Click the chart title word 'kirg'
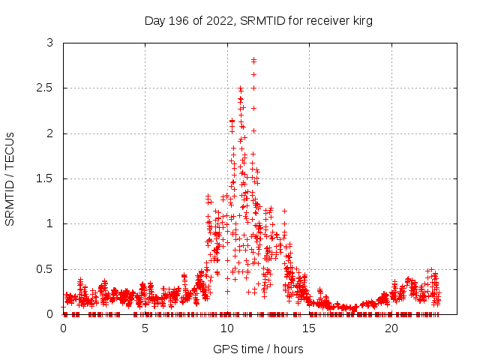click(361, 21)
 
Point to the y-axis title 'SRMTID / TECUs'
click(10, 178)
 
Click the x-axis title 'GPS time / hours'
click(258, 349)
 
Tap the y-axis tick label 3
click(49, 43)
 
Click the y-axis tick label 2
click(49, 133)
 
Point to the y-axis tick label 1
click(49, 223)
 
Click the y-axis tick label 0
click(49, 313)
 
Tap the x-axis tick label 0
click(63, 328)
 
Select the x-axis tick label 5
click(145, 328)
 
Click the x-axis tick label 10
click(227, 328)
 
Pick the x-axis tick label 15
click(309, 328)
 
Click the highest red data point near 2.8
click(253, 60)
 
